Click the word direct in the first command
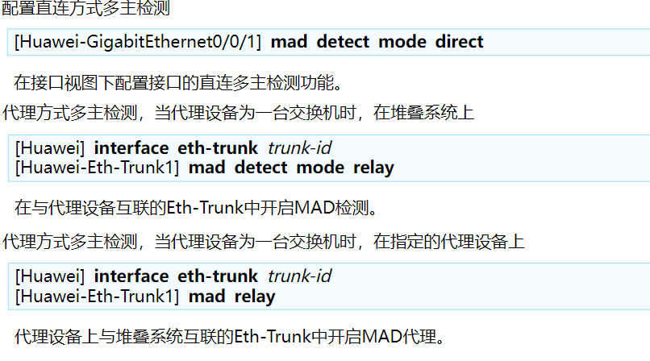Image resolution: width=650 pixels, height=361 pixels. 460,42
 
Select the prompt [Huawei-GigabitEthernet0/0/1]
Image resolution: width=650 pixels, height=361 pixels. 138,42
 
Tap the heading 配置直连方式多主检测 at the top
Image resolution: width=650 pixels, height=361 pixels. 85,8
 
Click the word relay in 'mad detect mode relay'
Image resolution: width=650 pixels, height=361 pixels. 373,168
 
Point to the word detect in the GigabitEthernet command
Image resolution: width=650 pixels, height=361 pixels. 343,42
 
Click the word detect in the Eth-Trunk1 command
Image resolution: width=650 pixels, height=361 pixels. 260,168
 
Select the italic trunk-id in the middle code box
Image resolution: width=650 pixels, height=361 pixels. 300,147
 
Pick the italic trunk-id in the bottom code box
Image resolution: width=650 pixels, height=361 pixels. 300,276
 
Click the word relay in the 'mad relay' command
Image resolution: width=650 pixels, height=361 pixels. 255,297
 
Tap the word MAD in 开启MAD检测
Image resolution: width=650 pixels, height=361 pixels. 315,207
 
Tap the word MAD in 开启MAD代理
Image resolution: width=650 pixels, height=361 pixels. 382,337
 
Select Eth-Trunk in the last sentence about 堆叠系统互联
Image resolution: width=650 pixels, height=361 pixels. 273,337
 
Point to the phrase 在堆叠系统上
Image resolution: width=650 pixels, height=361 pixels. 423,113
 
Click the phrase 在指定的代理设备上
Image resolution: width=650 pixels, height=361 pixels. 449,242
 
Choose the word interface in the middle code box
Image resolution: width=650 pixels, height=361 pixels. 131,147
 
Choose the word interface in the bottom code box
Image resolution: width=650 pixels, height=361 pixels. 131,276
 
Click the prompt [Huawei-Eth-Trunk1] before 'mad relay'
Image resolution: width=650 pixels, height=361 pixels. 97,297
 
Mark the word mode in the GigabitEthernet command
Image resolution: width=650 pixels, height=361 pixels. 402,42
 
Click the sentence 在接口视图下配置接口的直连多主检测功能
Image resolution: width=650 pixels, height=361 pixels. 178,82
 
